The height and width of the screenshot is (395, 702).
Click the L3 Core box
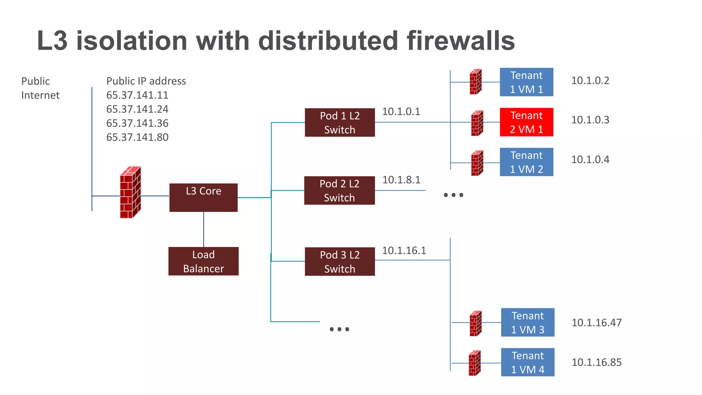point(203,197)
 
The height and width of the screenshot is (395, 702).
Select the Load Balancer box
point(203,261)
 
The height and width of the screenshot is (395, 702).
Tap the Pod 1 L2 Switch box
point(340,122)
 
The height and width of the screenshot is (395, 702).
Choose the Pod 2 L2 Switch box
point(339,191)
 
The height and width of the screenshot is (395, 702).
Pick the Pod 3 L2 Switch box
point(340,262)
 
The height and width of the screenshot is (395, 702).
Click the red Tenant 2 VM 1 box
point(526,122)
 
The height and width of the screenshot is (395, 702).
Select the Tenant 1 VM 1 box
point(526,82)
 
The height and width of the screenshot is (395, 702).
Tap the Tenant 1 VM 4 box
point(528,362)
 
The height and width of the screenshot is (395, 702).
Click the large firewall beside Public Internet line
point(130,193)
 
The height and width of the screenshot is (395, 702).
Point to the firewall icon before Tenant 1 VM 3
point(475,323)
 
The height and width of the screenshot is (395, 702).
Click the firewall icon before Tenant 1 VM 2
point(477,163)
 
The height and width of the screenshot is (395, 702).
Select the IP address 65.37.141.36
point(137,123)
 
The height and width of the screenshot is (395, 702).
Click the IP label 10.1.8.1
point(401,180)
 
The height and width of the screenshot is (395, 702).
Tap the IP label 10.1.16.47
point(596,323)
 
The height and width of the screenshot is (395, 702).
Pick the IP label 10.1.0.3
point(590,120)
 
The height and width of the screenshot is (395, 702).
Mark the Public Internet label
point(40,88)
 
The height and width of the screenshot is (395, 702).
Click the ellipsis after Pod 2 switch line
point(453,195)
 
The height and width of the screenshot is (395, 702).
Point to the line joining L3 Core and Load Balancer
point(204,229)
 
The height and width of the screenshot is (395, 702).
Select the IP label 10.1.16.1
point(404,251)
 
